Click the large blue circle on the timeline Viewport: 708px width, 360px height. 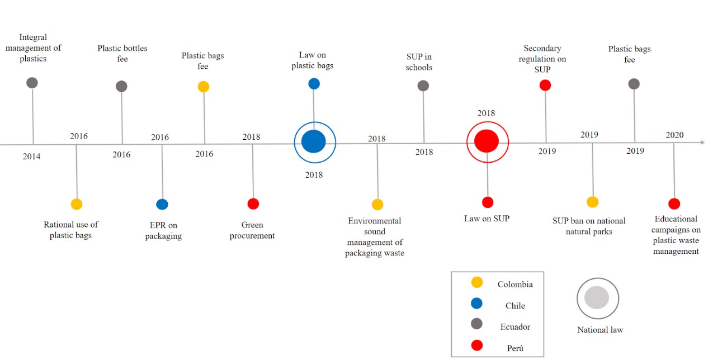[x=314, y=141]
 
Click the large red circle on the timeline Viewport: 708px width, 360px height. [x=487, y=141]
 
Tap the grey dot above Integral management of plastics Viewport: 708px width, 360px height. [x=32, y=83]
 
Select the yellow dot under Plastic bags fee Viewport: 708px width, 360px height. [x=204, y=87]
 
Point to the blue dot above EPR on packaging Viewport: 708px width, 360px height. [x=162, y=204]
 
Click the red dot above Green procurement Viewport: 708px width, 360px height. [x=253, y=204]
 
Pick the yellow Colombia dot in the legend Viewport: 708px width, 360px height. [x=477, y=283]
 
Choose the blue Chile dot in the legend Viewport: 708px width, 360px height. [x=477, y=304]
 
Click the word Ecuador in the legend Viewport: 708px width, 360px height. [x=515, y=326]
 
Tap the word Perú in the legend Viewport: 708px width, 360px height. [x=515, y=348]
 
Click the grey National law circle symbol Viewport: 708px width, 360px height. [x=597, y=297]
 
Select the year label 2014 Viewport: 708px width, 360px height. [x=31, y=157]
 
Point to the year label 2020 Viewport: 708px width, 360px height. [x=674, y=135]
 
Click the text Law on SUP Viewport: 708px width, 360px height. [x=487, y=219]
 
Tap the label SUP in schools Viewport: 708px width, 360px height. [x=419, y=62]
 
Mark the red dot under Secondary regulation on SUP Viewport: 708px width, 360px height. [x=545, y=85]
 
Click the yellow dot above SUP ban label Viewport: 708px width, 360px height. [x=592, y=202]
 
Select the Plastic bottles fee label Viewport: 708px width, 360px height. [x=122, y=53]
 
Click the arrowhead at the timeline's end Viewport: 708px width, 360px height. [x=702, y=143]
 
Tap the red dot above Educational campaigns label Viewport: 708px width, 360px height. [x=674, y=204]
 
